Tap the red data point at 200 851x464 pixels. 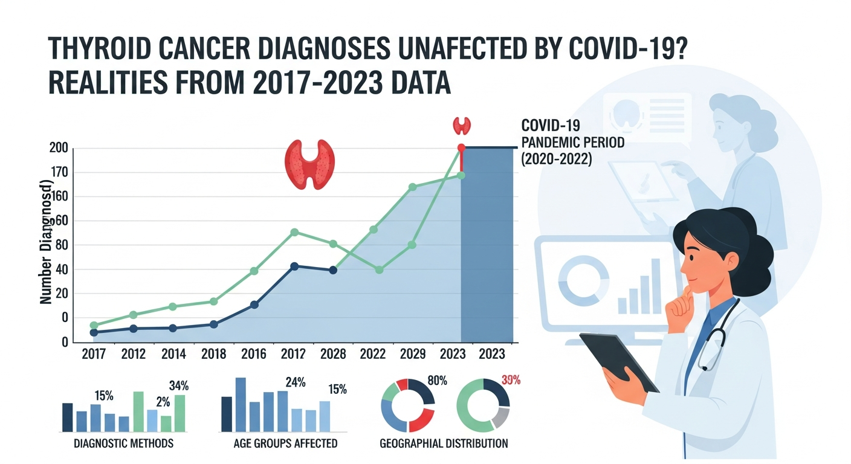pos(461,147)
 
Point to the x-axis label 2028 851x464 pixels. pos(333,354)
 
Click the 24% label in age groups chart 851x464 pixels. pos(295,382)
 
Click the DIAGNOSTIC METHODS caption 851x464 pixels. pos(123,443)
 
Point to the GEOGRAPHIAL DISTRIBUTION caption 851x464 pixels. pos(444,443)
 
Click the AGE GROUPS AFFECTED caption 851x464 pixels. pos(285,443)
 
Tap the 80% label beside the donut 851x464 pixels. pos(436,381)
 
